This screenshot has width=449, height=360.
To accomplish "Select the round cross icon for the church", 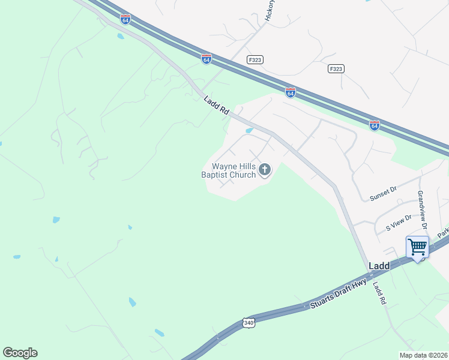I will click(264, 171).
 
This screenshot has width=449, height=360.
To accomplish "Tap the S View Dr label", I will click(399, 223).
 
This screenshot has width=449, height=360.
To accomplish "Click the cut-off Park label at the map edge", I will click(443, 232).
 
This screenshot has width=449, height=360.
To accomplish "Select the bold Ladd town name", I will click(379, 265).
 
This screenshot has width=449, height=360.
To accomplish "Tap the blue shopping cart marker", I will click(417, 247).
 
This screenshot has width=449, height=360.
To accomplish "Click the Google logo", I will click(20, 353).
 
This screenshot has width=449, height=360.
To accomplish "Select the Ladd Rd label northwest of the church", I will click(217, 106).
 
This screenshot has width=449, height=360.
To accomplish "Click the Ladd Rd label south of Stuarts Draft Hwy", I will click(378, 293).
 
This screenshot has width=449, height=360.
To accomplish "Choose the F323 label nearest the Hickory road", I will click(255, 60).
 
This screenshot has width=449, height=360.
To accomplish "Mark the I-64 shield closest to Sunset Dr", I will click(374, 125).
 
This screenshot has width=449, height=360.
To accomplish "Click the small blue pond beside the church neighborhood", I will click(249, 130).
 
